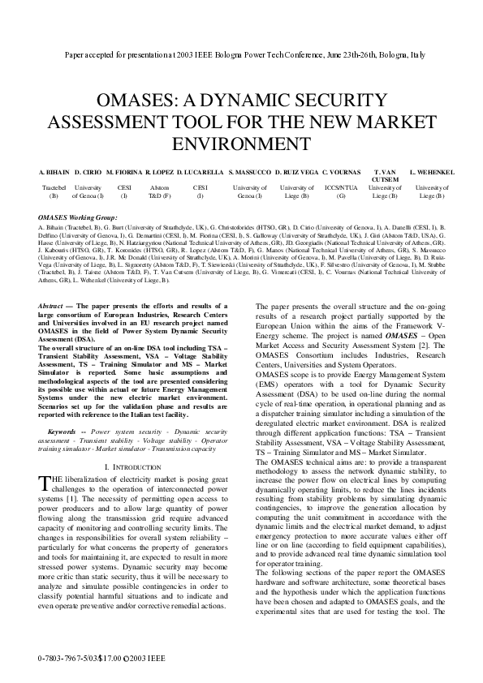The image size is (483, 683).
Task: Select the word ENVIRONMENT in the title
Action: point(241,144)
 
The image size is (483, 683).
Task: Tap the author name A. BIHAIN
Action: point(54,173)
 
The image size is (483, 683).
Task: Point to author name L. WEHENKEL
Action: point(431,173)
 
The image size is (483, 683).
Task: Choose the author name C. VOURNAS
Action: point(341,173)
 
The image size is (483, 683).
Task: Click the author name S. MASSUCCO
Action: point(249,173)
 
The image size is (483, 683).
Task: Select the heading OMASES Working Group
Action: point(77,217)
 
